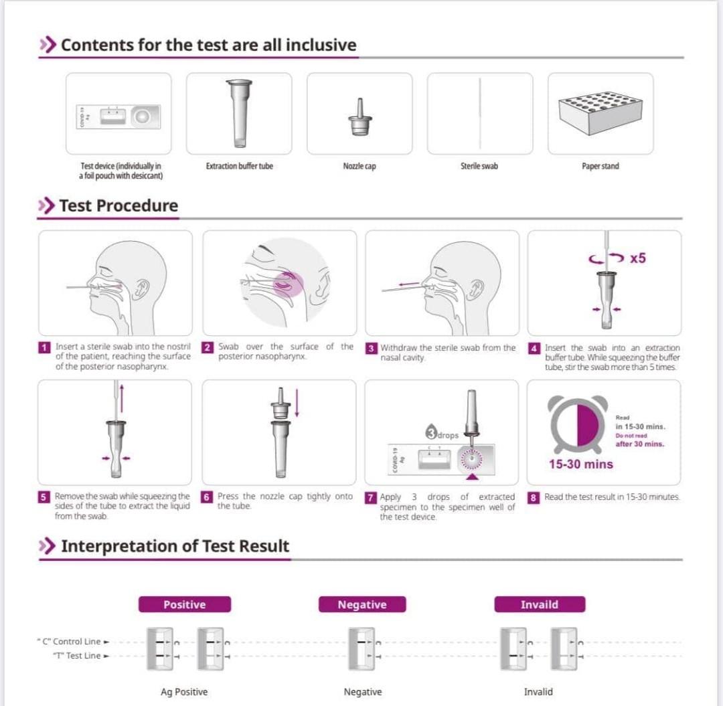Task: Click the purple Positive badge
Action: pos(185,604)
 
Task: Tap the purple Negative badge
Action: pos(362,604)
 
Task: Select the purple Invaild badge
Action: pos(540,604)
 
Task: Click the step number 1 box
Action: pos(45,347)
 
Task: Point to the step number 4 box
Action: pos(534,348)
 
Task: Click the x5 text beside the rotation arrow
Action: pos(637,258)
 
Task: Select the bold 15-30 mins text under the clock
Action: pos(580,464)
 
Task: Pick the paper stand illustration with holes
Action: pos(600,112)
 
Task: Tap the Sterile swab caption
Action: pos(479,166)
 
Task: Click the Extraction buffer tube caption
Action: pos(239,166)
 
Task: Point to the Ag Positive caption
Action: pos(184,691)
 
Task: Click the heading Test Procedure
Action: pos(118,205)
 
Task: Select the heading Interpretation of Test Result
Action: pos(175,546)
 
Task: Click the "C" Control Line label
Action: pos(72,641)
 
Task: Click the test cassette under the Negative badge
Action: pos(362,648)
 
